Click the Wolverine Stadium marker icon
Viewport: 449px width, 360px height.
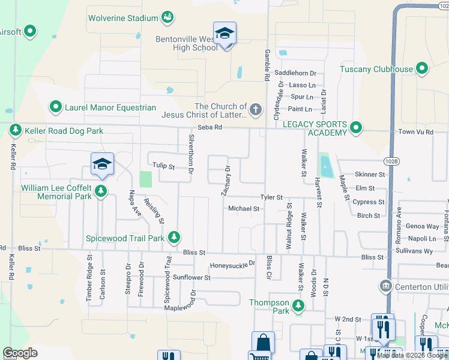point(167,18)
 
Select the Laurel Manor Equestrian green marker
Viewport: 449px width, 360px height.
point(56,107)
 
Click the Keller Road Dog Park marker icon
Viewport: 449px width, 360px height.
point(15,130)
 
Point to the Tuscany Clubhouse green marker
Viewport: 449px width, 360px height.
point(422,69)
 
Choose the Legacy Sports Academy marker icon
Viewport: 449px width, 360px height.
point(356,128)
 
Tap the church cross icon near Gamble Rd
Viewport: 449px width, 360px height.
point(256,110)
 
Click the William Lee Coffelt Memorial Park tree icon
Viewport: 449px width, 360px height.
point(101,191)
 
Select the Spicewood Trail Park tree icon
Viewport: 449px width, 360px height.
point(173,238)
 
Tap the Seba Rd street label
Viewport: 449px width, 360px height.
point(210,128)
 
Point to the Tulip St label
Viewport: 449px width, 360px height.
point(162,167)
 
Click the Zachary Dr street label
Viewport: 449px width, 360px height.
point(226,181)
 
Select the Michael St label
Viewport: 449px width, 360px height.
point(244,209)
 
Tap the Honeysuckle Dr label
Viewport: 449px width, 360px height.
point(232,265)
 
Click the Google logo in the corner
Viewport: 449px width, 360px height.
point(20,353)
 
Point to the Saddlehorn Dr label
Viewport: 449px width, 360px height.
point(295,73)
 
